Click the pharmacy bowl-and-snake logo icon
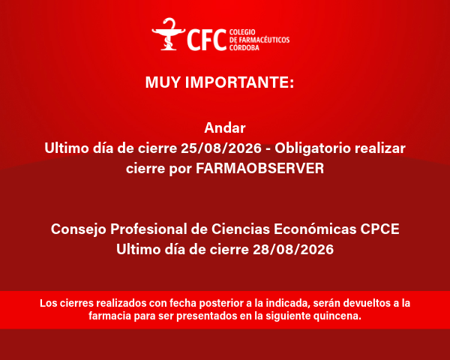pos(169,34)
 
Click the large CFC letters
pos(207,40)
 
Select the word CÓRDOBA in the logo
pos(244,47)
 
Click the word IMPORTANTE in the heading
pos(240,82)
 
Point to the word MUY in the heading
pos(163,82)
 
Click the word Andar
pos(225,127)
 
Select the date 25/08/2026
pos(221,148)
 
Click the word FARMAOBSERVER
pos(260,168)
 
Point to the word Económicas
pos(315,229)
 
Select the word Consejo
pos(79,229)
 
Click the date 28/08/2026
pos(293,249)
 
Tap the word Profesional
pos(148,229)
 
